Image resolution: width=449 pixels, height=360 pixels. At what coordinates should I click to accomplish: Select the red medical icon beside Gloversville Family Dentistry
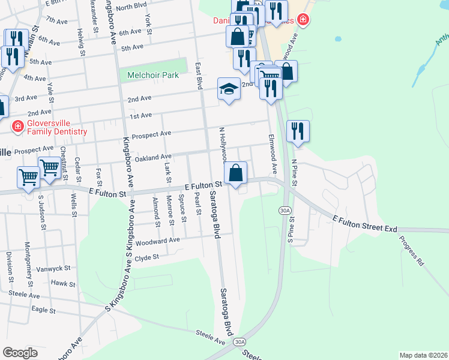pos(18,127)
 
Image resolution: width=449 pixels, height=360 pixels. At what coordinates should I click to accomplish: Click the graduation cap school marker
pos(229,89)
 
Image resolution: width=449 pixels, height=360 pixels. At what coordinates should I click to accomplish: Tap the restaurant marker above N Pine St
pos(298,130)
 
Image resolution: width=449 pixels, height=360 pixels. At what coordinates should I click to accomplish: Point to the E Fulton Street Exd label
pos(366,224)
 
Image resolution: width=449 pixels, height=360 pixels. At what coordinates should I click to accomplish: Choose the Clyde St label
pos(146,257)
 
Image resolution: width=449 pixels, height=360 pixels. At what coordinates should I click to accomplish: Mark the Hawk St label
pos(62,283)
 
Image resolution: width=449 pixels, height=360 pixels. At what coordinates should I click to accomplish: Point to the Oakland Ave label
pos(154,157)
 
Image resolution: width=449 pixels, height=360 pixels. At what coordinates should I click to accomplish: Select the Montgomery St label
pos(28,263)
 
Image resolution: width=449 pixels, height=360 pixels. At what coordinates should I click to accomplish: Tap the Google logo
pos(20,352)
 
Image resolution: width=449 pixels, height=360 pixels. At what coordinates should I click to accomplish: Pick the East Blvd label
pos(198,76)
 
